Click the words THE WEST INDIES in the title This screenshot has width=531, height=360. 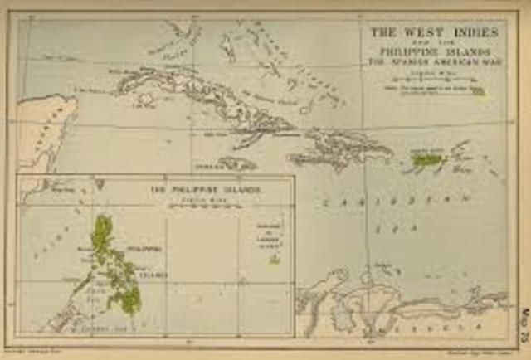coord(434,32)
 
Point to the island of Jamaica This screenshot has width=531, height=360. coord(237,164)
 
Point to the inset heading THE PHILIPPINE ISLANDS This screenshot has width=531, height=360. coord(205,190)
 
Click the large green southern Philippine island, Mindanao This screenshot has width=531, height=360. coord(127,299)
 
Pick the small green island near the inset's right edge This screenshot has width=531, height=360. coord(273,259)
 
